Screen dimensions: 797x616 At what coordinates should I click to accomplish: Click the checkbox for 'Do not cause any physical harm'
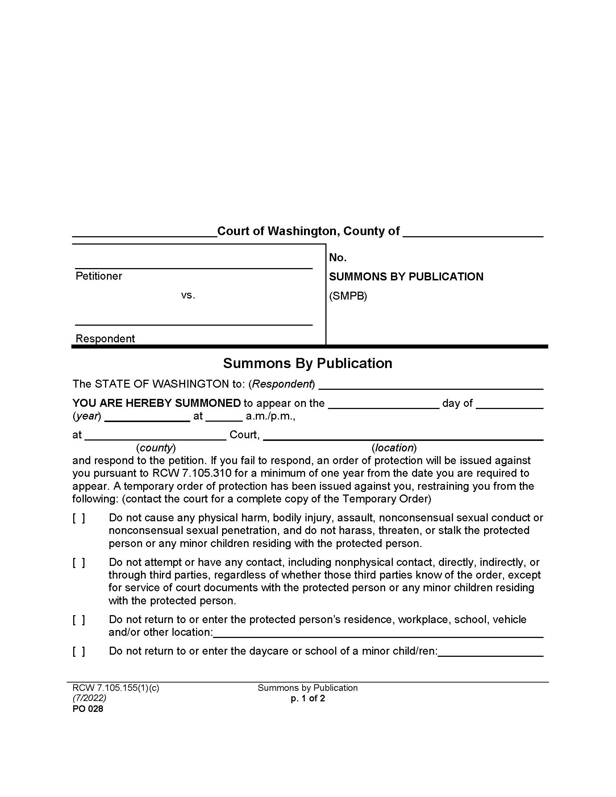[x=79, y=518]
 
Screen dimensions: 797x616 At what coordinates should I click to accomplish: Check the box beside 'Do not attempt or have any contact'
[x=79, y=562]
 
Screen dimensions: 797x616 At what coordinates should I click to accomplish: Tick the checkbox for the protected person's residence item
[x=79, y=619]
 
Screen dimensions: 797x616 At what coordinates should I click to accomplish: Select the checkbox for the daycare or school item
[x=79, y=651]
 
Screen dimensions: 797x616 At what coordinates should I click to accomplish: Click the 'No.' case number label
[x=338, y=258]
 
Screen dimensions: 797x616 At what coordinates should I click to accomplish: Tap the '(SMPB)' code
[x=348, y=296]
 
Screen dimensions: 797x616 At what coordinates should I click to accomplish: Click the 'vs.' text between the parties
[x=188, y=295]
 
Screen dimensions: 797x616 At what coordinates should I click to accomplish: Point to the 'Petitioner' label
[x=99, y=276]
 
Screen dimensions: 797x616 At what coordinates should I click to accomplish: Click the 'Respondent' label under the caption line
[x=105, y=339]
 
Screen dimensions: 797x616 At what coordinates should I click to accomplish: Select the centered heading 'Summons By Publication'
[x=308, y=363]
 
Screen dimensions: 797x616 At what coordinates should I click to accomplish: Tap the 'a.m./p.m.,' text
[x=270, y=416]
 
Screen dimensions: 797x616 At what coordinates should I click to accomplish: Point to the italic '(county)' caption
[x=156, y=447]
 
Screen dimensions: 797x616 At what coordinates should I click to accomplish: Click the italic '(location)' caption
[x=394, y=447]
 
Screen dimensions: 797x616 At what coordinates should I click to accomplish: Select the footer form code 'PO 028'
[x=88, y=709]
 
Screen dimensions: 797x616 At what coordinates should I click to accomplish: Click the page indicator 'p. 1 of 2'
[x=308, y=698]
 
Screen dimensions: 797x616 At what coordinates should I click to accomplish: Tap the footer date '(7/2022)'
[x=89, y=698]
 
